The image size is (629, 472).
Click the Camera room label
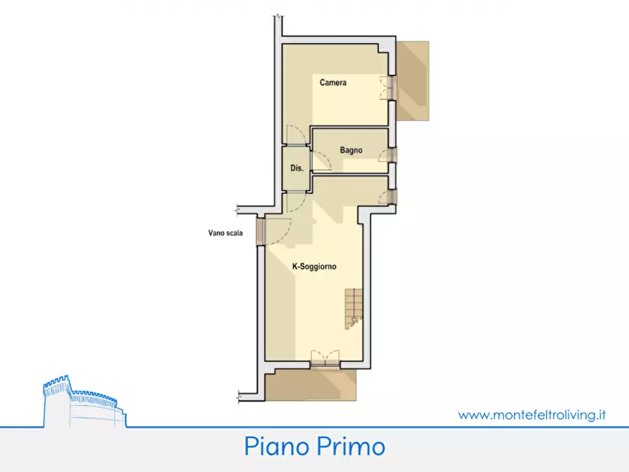point(332,83)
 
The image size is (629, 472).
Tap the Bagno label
point(351,150)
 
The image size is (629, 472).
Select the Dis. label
point(297,168)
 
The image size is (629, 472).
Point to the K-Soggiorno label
point(314,267)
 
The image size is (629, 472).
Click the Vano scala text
point(225,234)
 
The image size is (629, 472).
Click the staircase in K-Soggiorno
point(353,309)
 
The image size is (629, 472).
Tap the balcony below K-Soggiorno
point(310,384)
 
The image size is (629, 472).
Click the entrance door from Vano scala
point(261,231)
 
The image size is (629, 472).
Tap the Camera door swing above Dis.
point(297,135)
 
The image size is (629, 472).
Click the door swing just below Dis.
point(295,201)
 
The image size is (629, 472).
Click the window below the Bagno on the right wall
point(392,197)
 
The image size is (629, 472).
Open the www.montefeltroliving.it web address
point(532,415)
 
